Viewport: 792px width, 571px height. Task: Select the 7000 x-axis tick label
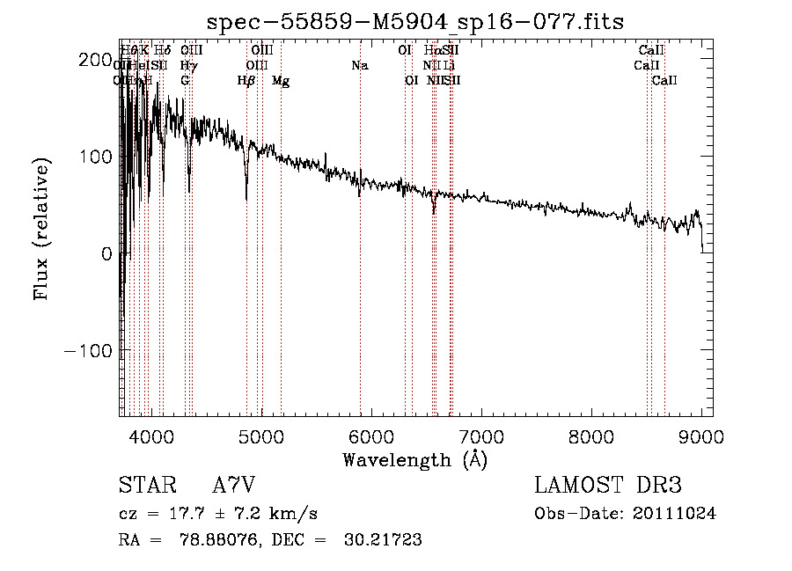tap(480, 436)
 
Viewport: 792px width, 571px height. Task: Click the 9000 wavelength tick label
tap(700, 436)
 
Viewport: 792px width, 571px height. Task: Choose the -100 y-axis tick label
tap(84, 350)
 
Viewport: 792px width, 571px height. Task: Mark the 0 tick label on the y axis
tap(106, 253)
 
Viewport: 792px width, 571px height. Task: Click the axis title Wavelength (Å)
tap(414, 459)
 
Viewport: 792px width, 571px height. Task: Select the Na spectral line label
tap(359, 66)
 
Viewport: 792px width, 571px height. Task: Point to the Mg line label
tap(281, 81)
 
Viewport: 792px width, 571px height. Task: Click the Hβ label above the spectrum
tap(246, 81)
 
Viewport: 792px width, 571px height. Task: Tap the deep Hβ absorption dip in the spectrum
tap(246, 180)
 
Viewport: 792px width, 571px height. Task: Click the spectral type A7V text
tap(234, 486)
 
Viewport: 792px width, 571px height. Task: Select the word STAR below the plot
tap(146, 486)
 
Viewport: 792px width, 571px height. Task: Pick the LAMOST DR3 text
tap(607, 486)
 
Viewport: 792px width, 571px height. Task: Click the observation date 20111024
tap(676, 513)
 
